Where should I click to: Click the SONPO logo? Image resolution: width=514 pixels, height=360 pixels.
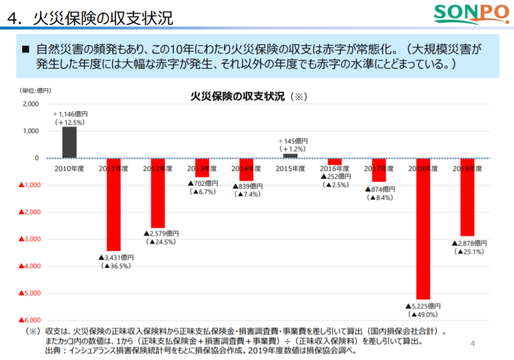(470, 15)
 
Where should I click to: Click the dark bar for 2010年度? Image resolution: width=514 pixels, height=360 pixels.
(69, 143)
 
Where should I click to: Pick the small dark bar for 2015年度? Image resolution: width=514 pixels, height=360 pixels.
(290, 156)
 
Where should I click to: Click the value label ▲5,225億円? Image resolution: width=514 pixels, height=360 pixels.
(423, 306)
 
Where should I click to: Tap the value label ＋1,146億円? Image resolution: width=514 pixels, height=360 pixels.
(73, 114)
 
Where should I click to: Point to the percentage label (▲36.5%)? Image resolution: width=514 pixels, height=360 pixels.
(116, 266)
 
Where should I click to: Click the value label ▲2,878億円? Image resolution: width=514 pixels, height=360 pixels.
(469, 243)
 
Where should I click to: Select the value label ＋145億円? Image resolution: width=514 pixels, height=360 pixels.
(293, 141)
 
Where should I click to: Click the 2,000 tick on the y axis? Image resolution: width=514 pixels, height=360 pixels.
(31, 104)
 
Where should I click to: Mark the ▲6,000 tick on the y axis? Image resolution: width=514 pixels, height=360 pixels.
(29, 320)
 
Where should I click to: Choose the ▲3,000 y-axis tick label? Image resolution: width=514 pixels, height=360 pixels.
(29, 239)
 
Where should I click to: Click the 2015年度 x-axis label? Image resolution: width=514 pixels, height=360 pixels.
(290, 169)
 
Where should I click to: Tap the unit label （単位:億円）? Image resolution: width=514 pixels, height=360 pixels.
(35, 91)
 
